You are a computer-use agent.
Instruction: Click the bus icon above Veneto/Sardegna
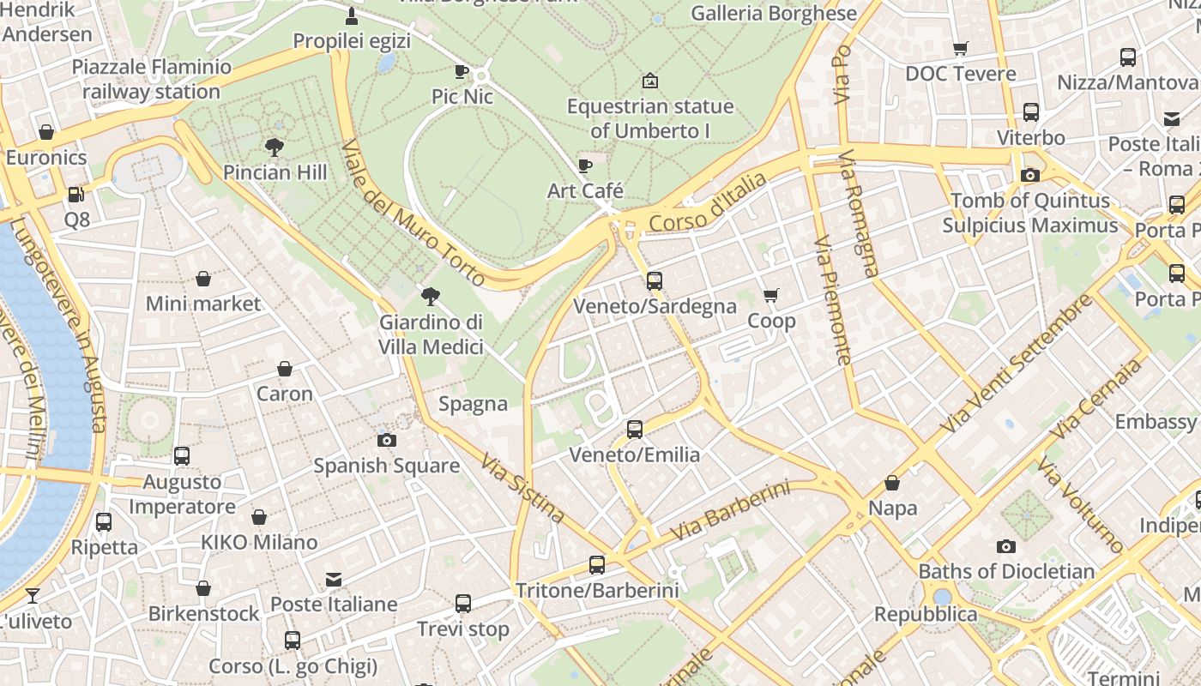pos(655,280)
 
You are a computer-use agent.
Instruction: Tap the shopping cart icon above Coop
pos(771,296)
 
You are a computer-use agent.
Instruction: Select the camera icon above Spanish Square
pos(387,440)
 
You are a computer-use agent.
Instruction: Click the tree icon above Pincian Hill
pos(275,147)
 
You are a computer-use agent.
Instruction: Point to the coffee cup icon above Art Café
pos(585,165)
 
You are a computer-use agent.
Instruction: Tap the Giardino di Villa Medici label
pos(432,334)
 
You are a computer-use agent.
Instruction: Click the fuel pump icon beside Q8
pos(76,195)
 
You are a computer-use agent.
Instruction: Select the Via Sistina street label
pos(522,489)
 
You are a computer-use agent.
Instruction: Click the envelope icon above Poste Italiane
pos(334,580)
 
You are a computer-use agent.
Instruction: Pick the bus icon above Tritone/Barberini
pos(597,565)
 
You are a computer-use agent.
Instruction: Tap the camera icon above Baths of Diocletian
pos(1006,546)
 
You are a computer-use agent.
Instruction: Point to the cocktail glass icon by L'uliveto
pos(33,595)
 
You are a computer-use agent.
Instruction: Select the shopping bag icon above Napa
pos(892,483)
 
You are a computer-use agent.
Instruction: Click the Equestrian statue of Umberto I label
pos(650,118)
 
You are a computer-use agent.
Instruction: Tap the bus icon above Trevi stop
pos(463,604)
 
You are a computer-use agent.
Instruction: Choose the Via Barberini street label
pos(729,510)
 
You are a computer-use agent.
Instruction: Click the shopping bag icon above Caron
pos(285,369)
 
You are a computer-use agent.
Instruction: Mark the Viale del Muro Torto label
pos(413,214)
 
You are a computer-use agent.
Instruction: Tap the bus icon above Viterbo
pos(1031,112)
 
